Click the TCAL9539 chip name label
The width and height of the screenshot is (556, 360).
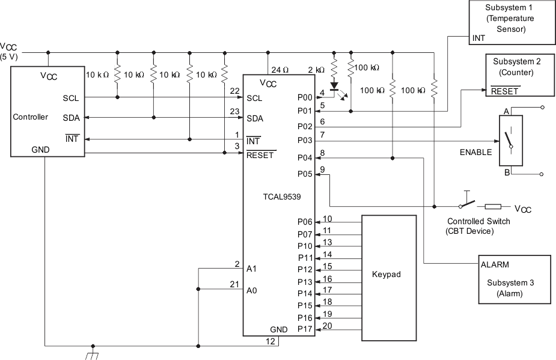(x=278, y=196)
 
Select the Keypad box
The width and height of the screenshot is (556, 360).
(x=388, y=274)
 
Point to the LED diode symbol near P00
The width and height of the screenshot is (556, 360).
(x=335, y=86)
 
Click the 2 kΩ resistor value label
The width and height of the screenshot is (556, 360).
(x=316, y=69)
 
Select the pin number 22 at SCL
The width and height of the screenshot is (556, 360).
(x=235, y=90)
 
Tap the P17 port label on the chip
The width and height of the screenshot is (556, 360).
(x=305, y=329)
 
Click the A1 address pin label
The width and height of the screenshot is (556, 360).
(x=251, y=269)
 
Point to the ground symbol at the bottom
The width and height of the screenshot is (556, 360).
(x=92, y=355)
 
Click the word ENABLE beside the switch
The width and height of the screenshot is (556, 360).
(x=475, y=152)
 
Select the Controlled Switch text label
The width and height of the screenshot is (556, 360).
(x=478, y=221)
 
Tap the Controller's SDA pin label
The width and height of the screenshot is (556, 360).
(x=71, y=118)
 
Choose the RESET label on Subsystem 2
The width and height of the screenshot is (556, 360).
(x=505, y=91)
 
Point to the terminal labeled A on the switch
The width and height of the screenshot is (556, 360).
(x=506, y=111)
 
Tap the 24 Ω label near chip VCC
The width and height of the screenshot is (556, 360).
(x=280, y=69)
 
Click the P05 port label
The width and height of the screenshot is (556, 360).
(x=305, y=174)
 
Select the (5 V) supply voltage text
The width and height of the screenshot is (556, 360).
(x=10, y=56)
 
